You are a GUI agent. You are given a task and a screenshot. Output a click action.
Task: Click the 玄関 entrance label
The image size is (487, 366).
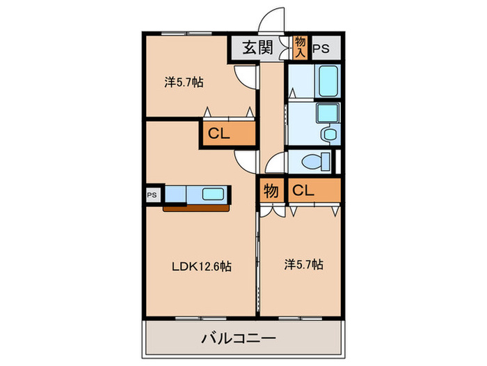pyautogui.click(x=256, y=49)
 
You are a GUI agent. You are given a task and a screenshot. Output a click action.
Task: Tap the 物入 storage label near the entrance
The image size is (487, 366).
pyautogui.click(x=300, y=47)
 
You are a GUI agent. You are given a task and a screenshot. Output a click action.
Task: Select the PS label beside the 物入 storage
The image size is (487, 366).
pyautogui.click(x=321, y=49)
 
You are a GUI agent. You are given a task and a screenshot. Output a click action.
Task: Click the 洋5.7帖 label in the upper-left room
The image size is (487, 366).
pyautogui.click(x=184, y=82)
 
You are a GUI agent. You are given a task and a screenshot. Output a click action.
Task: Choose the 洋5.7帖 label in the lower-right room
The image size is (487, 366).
pyautogui.click(x=303, y=264)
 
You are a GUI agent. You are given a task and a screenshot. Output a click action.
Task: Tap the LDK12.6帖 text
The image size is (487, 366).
pyautogui.click(x=202, y=266)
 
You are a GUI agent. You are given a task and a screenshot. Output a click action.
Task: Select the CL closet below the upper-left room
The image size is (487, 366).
pyautogui.click(x=219, y=135)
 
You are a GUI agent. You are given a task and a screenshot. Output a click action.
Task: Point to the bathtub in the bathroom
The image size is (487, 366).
pyautogui.click(x=326, y=82)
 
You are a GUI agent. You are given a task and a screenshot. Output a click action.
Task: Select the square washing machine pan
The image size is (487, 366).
pyautogui.click(x=326, y=114)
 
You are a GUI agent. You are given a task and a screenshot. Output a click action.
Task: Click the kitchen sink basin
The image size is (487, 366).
pyautogui.click(x=211, y=193)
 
